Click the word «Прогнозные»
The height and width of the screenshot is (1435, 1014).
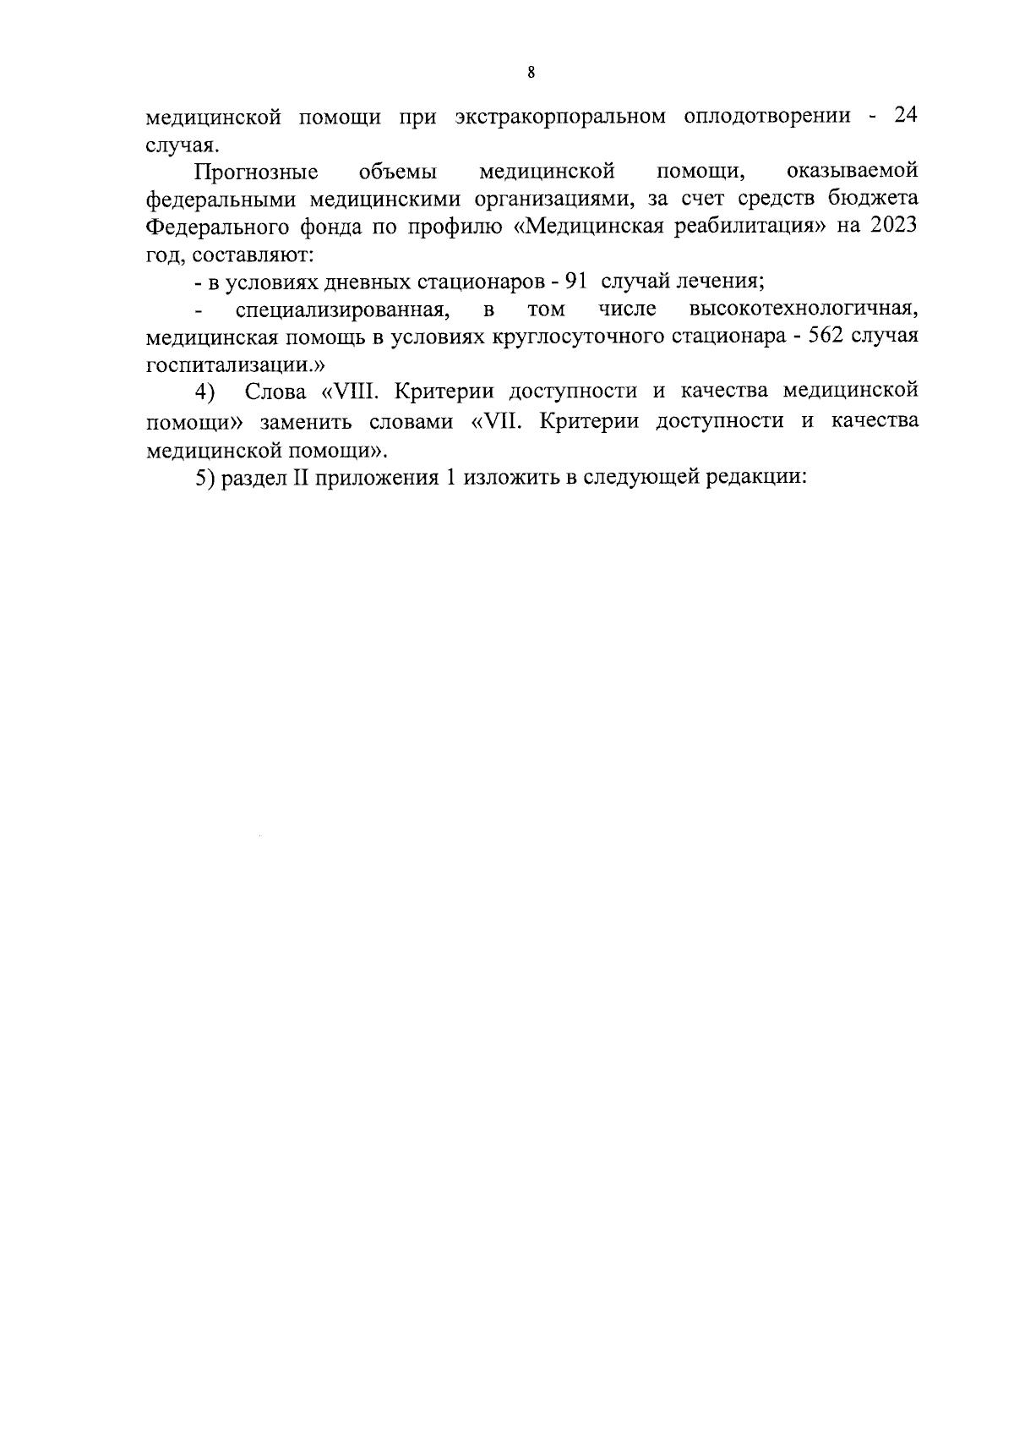pos(256,173)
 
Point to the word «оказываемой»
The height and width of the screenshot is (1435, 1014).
pos(852,172)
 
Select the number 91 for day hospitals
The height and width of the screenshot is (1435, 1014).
pos(574,282)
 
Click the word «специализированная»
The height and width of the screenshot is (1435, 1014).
pos(341,309)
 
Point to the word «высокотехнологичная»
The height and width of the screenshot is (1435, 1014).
pos(804,309)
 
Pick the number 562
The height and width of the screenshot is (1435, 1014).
pos(826,337)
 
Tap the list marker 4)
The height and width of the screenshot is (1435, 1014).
pos(205,392)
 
